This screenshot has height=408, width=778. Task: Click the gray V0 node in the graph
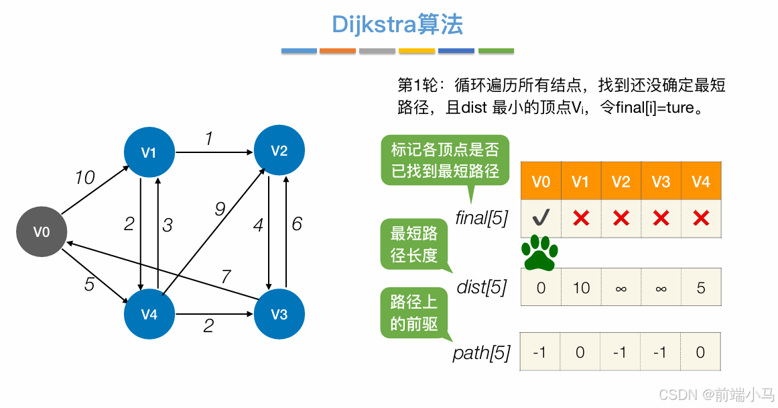[x=42, y=232]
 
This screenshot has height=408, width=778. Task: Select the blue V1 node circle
[x=149, y=152]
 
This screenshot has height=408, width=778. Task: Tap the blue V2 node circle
[x=279, y=150]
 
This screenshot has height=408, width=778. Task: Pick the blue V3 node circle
[x=279, y=314]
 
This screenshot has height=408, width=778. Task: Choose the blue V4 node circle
[x=149, y=314]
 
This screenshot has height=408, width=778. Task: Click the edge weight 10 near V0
[x=85, y=178]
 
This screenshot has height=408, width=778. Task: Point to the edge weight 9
[x=220, y=210]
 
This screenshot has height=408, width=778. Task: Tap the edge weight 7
[x=226, y=276]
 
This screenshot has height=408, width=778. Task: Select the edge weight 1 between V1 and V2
[x=209, y=139]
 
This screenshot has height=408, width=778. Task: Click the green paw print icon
[x=540, y=253]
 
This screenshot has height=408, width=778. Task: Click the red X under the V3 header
[x=661, y=218]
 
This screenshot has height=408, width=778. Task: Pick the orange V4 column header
[x=701, y=181]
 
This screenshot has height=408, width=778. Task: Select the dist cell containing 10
[x=581, y=288]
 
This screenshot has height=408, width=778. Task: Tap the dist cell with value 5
[x=701, y=288]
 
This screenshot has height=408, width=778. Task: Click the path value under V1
[x=581, y=352]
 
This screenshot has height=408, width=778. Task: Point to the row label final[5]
[x=482, y=218]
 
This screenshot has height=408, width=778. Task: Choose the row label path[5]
[x=482, y=352]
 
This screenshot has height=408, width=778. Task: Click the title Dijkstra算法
[x=397, y=25]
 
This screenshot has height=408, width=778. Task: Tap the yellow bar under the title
[x=417, y=51]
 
